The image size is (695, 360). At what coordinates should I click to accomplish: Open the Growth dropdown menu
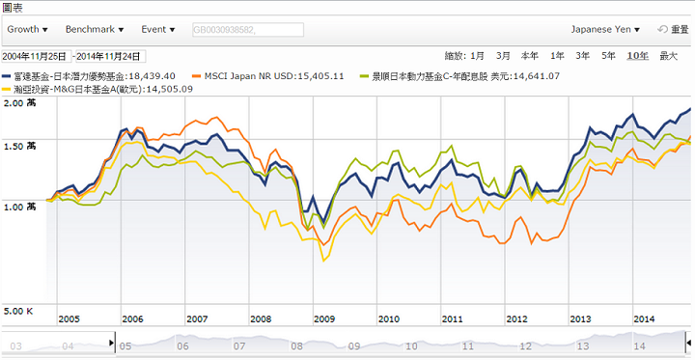(27, 30)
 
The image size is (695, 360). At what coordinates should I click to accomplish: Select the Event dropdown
(158, 30)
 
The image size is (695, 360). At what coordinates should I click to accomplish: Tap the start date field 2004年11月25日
(35, 56)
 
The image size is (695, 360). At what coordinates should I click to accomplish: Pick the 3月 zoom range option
(503, 56)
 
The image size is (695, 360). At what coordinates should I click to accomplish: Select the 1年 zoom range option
(556, 56)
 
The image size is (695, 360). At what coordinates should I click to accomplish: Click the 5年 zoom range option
(608, 56)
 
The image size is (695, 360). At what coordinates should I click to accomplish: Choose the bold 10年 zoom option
(637, 56)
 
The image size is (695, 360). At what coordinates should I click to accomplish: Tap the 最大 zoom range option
(668, 56)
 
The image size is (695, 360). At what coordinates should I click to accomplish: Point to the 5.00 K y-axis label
(17, 311)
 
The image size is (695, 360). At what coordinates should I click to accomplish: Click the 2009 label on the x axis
(323, 319)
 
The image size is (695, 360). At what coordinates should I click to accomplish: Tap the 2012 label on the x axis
(516, 319)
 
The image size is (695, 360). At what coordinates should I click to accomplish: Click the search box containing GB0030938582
(247, 30)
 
